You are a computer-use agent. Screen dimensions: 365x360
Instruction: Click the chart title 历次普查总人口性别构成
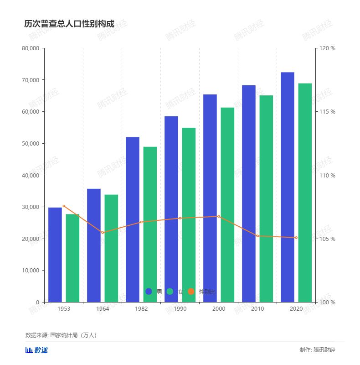(69, 24)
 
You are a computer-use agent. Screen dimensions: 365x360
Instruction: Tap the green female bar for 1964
(111, 248)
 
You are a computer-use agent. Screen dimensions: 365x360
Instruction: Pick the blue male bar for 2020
(287, 187)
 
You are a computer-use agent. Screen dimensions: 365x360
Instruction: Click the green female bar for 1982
(150, 224)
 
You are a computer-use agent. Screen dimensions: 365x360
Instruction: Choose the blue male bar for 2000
(210, 198)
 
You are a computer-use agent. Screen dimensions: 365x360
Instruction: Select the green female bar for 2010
(266, 198)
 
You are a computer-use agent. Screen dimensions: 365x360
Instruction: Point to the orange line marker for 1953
(64, 206)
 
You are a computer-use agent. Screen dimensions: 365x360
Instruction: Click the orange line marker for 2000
(219, 216)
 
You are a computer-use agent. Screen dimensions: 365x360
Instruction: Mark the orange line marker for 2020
(296, 238)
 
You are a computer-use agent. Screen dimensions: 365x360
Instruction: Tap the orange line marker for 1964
(103, 233)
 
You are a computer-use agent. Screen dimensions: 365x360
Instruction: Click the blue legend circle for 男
(149, 292)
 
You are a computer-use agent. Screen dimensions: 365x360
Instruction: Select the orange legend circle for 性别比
(191, 292)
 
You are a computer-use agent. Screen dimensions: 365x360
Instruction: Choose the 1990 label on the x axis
(180, 309)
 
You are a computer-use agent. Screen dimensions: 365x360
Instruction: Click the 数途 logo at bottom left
(36, 350)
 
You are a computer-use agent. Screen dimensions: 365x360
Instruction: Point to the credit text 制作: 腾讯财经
(317, 350)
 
